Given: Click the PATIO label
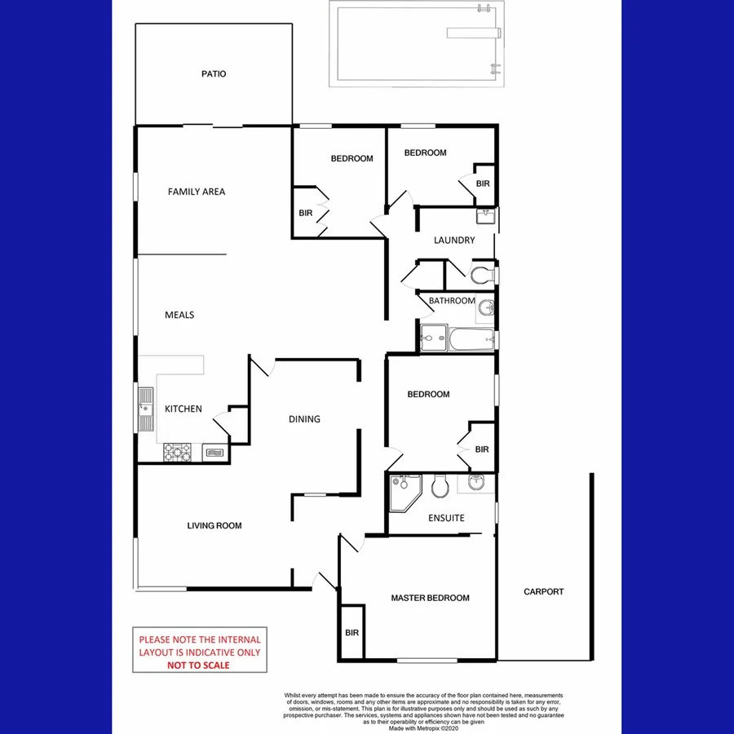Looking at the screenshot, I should point(214,74).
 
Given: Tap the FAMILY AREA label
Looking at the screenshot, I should point(197,192).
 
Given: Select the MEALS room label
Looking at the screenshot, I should point(179,315).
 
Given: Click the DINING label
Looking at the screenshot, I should point(304,419).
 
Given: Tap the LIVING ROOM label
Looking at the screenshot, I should point(214,526).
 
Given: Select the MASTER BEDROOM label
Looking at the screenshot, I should point(430,598).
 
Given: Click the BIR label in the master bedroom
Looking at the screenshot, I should point(352,633).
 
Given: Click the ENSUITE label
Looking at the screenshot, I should point(446,518).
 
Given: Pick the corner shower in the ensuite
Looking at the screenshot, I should point(403,491).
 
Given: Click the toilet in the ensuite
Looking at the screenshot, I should point(440,486).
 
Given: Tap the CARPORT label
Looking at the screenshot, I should point(544,592).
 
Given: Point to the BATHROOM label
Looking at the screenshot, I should point(452,301).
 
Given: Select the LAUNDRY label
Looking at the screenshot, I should point(454,241).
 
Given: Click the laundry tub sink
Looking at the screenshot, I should point(486,216).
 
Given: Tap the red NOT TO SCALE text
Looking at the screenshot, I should point(199,665).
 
